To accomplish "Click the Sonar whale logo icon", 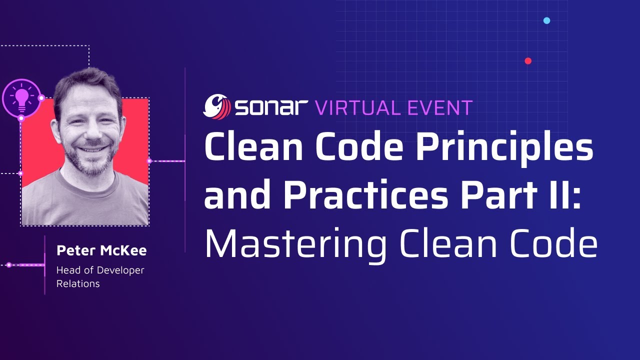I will click(x=216, y=106).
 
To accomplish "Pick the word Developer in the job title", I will click(x=120, y=270).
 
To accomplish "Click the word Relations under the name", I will click(x=78, y=284).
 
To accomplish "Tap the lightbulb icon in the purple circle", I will click(x=21, y=98).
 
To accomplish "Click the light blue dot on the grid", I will click(x=546, y=20).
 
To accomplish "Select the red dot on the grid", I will click(x=528, y=61).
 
